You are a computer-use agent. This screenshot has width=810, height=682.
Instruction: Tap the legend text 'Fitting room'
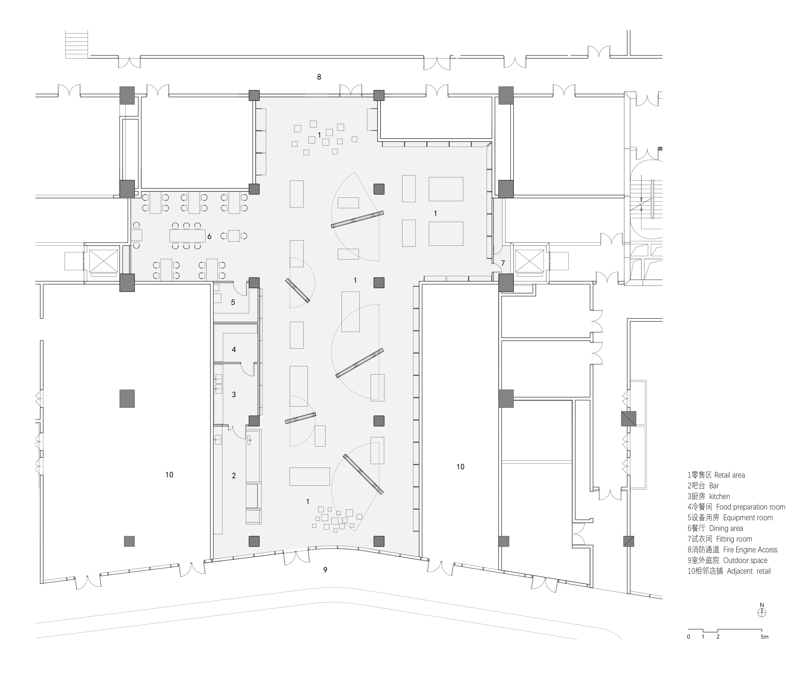[720, 539]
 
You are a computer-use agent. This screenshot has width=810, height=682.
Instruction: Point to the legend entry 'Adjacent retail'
[729, 571]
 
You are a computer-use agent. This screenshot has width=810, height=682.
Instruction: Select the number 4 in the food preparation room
[233, 350]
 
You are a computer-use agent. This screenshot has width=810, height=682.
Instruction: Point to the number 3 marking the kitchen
[233, 395]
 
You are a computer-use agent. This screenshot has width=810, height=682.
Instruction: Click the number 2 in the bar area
[233, 476]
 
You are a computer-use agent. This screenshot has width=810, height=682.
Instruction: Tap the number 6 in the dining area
[209, 236]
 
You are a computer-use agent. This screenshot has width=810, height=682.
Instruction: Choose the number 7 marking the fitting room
[503, 263]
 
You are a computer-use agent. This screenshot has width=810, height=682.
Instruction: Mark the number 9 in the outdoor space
[325, 570]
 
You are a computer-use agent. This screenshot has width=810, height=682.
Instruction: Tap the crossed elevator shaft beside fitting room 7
[529, 261]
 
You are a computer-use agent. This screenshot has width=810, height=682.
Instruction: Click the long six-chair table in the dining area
[188, 235]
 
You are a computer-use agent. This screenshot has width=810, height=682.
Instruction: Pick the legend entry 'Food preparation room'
[736, 507]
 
